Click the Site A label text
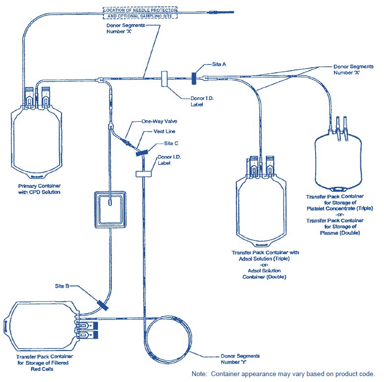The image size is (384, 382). (x=219, y=64)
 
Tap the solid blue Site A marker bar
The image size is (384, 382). (x=194, y=78)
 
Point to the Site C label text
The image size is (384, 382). (x=171, y=143)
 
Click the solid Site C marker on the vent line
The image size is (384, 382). (x=142, y=153)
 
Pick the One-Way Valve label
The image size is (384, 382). (x=159, y=121)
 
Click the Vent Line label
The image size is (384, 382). (x=164, y=131)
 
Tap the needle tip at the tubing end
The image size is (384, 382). (x=234, y=12)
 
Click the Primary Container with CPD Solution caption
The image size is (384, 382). (x=39, y=189)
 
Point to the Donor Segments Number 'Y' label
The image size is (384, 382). (x=240, y=359)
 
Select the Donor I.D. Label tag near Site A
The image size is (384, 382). (x=164, y=79)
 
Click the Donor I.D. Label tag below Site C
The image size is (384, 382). (x=144, y=174)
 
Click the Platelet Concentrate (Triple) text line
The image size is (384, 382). (x=340, y=208)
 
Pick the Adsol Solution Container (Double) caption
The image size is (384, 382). (x=264, y=274)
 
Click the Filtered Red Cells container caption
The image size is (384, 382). (x=44, y=363)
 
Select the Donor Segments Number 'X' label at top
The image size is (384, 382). (x=126, y=29)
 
